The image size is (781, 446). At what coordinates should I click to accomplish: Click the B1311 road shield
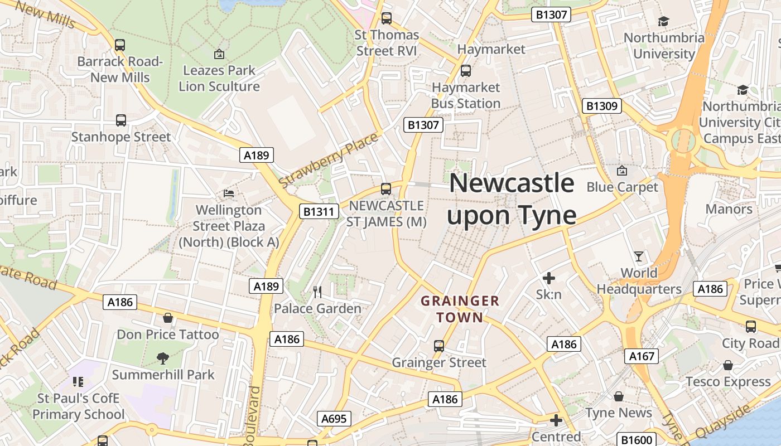pyautogui.click(x=319, y=211)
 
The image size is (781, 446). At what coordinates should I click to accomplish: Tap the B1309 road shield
pyautogui.click(x=601, y=106)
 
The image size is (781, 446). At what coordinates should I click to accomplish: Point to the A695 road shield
pyautogui.click(x=335, y=419)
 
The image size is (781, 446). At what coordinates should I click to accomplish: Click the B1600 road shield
pyautogui.click(x=637, y=440)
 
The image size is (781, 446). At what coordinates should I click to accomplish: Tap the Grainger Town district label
pyautogui.click(x=460, y=309)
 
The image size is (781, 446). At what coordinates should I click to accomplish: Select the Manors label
pyautogui.click(x=729, y=209)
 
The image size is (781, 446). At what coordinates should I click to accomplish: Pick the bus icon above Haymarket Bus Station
pyautogui.click(x=465, y=71)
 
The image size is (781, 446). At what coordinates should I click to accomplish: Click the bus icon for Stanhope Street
pyautogui.click(x=121, y=120)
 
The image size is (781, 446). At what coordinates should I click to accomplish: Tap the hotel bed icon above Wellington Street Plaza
pyautogui.click(x=229, y=193)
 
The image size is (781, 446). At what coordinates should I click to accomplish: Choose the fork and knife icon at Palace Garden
pyautogui.click(x=317, y=292)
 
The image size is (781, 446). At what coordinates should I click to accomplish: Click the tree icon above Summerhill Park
pyautogui.click(x=163, y=358)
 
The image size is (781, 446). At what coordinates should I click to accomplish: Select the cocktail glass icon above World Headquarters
pyautogui.click(x=639, y=256)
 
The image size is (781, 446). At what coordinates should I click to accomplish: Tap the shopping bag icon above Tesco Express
pyautogui.click(x=728, y=365)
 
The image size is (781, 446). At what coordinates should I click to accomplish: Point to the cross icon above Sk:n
pyautogui.click(x=549, y=278)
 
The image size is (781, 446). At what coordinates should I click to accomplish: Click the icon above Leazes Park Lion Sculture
pyautogui.click(x=219, y=54)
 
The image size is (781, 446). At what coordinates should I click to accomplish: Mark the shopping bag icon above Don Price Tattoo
pyautogui.click(x=167, y=318)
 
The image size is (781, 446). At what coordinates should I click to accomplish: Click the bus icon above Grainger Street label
pyautogui.click(x=439, y=346)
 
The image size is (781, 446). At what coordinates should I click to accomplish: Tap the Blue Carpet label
pyautogui.click(x=622, y=187)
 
